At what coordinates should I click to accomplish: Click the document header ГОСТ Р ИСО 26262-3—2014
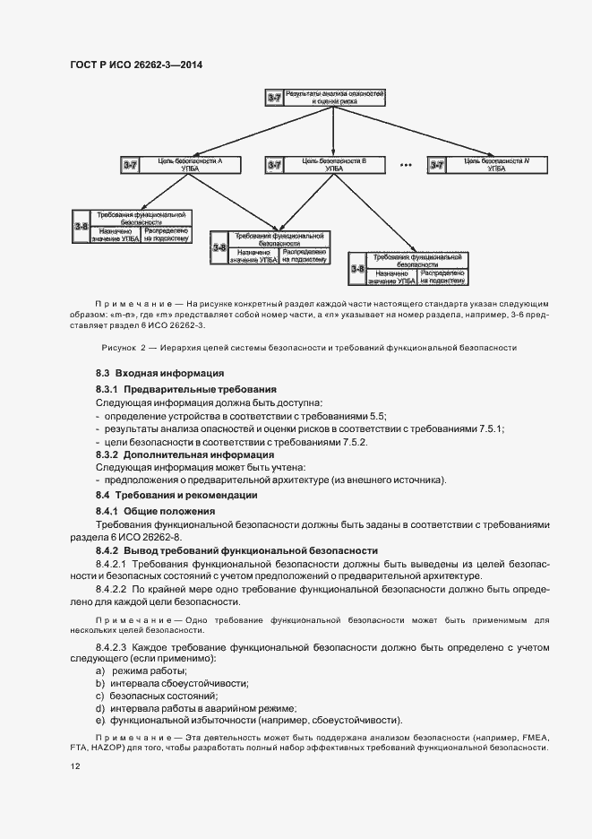point(135,65)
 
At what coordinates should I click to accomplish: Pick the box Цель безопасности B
point(333,164)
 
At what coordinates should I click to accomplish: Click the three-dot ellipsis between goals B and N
point(405,165)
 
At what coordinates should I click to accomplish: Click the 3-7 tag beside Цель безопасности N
point(438,164)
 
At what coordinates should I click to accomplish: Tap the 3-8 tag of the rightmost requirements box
point(358,268)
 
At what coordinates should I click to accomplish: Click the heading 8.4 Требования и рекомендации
point(176,495)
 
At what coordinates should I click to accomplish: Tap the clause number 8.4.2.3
point(112,646)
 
